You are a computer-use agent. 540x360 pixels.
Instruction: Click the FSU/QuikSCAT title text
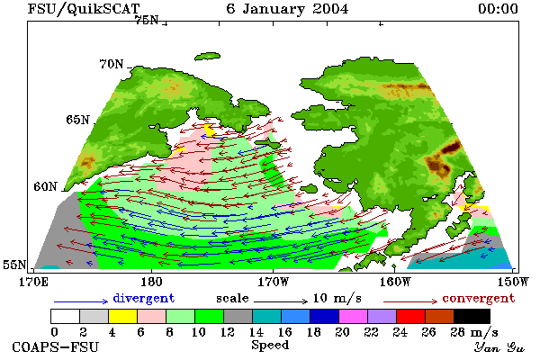click(x=84, y=9)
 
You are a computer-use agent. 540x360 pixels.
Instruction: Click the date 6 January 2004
click(x=287, y=9)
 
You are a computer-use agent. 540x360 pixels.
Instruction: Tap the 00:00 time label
click(x=498, y=9)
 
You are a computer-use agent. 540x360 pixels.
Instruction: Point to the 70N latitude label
click(x=112, y=64)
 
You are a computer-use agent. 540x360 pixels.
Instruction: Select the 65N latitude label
click(x=77, y=120)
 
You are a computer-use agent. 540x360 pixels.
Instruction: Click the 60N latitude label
click(x=45, y=186)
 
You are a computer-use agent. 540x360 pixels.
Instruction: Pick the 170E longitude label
click(x=34, y=282)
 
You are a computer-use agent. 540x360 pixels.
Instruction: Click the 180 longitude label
click(x=151, y=282)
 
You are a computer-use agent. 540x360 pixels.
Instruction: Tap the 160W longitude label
click(x=395, y=282)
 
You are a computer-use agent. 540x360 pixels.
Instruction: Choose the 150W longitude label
click(x=512, y=282)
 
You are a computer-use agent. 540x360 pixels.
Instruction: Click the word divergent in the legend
click(x=144, y=298)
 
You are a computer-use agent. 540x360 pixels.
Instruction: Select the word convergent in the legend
click(x=479, y=298)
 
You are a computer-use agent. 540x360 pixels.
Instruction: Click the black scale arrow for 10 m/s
click(x=281, y=301)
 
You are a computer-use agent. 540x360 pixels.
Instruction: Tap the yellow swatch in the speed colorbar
click(x=122, y=316)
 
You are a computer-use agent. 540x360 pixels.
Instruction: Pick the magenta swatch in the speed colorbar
click(x=354, y=316)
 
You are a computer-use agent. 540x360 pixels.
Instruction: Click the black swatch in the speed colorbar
click(x=472, y=316)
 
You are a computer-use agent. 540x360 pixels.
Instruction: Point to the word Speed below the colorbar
click(x=270, y=345)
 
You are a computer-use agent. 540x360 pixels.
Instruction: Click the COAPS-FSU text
click(x=55, y=346)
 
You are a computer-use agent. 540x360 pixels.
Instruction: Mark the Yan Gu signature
click(x=499, y=347)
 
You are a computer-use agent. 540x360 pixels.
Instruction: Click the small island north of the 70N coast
click(x=207, y=56)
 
